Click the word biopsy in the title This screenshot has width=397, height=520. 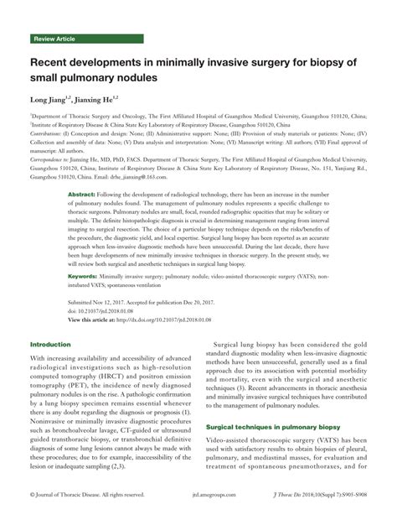[313, 61]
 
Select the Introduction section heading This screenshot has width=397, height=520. [50, 320]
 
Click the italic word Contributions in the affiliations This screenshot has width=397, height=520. [49, 134]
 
